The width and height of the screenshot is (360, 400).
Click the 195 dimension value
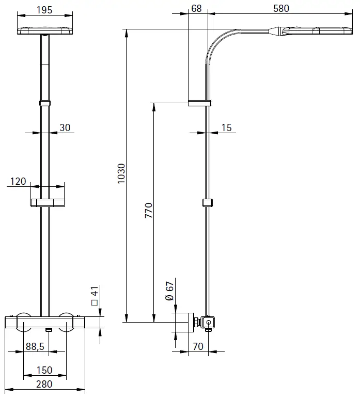click(x=45, y=10)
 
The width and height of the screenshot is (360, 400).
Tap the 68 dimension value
click(x=196, y=8)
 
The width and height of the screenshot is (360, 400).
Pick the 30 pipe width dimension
click(x=65, y=127)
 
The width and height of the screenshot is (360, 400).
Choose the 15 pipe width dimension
click(x=226, y=127)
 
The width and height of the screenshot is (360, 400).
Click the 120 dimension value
click(x=18, y=181)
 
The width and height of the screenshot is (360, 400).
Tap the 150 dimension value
click(x=44, y=370)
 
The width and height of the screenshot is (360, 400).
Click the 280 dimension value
click(x=44, y=385)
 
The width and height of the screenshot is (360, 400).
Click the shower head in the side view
click(x=314, y=31)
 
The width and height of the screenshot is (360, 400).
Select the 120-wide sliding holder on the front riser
click(x=48, y=202)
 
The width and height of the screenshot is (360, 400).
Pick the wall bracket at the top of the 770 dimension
click(x=199, y=102)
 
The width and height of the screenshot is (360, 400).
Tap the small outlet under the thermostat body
click(x=49, y=329)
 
